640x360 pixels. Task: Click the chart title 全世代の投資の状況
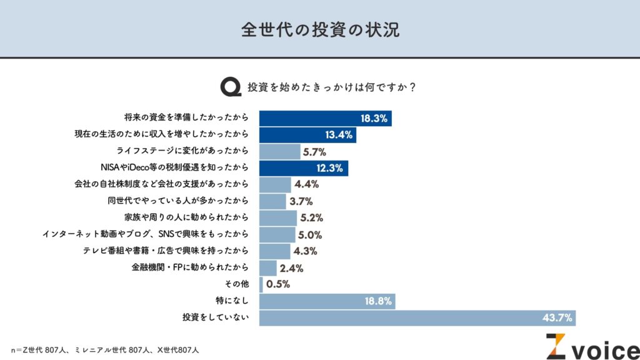tap(320, 30)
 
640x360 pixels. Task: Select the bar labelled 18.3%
tap(325, 117)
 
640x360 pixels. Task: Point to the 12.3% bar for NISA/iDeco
tap(304, 167)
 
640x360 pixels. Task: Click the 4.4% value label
tap(306, 184)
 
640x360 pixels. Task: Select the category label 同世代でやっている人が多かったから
tap(179, 201)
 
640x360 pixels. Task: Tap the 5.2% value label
tap(312, 218)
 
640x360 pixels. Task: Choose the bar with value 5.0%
tap(277, 234)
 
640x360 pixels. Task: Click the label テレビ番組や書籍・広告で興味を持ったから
tap(166, 251)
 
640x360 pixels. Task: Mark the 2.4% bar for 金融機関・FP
tap(267, 268)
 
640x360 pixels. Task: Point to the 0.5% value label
tap(278, 285)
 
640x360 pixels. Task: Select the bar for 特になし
tap(327, 302)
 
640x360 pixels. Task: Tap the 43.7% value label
tap(557, 318)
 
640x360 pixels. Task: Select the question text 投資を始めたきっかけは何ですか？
tap(332, 87)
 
